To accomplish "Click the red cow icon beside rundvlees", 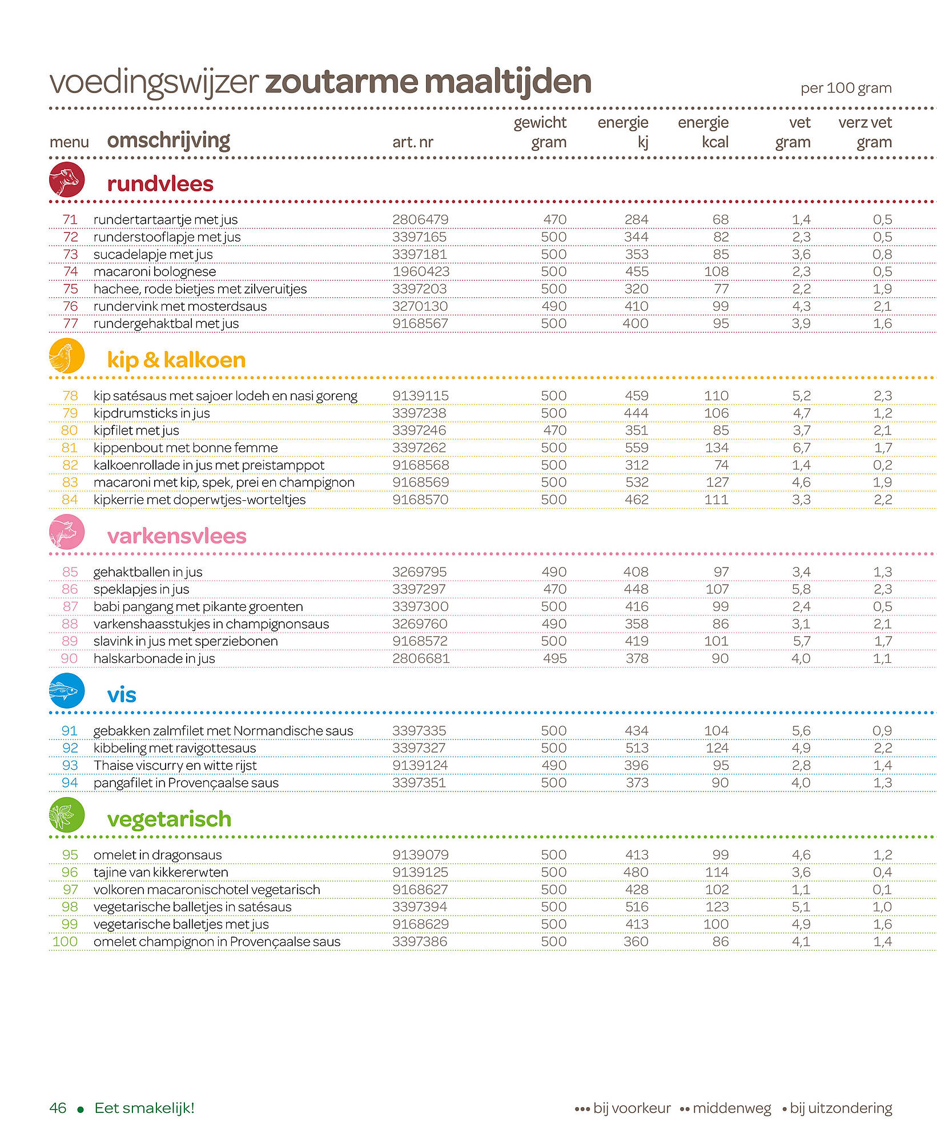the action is pyautogui.click(x=67, y=180).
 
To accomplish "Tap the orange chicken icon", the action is pyautogui.click(x=67, y=356).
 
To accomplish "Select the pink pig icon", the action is pyautogui.click(x=67, y=532).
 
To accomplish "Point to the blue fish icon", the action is pyautogui.click(x=67, y=691).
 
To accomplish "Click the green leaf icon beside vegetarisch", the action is pyautogui.click(x=67, y=815).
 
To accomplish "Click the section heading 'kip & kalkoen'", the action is pyautogui.click(x=176, y=360).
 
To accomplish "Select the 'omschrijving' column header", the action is pyautogui.click(x=168, y=140).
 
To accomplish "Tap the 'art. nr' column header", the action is pyautogui.click(x=413, y=142).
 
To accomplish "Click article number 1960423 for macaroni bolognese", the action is pyautogui.click(x=421, y=272).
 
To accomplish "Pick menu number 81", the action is pyautogui.click(x=70, y=448).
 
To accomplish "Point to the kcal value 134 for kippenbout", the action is pyautogui.click(x=717, y=448).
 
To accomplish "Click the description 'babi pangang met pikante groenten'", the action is pyautogui.click(x=198, y=607).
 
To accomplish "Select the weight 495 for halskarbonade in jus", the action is pyautogui.click(x=554, y=658).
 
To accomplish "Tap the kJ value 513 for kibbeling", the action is pyautogui.click(x=637, y=748).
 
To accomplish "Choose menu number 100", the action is pyautogui.click(x=65, y=942).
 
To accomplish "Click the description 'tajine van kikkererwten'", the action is pyautogui.click(x=161, y=872).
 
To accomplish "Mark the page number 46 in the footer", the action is pyautogui.click(x=58, y=1108).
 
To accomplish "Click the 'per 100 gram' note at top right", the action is pyautogui.click(x=846, y=89).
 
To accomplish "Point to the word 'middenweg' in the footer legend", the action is pyautogui.click(x=732, y=1109).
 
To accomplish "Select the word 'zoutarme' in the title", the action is pyautogui.click(x=341, y=82).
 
